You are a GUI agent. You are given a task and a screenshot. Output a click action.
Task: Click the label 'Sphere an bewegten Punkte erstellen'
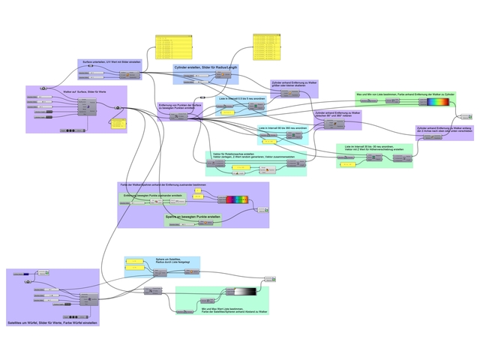click(x=193, y=217)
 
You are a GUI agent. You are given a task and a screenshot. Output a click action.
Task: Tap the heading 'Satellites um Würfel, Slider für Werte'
click(x=52, y=322)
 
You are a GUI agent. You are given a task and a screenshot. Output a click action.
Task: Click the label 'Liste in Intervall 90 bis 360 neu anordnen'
click(x=283, y=128)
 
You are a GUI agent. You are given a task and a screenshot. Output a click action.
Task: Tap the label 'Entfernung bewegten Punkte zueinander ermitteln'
click(x=153, y=194)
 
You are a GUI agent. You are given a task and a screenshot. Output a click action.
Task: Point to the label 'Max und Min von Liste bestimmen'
click(x=405, y=94)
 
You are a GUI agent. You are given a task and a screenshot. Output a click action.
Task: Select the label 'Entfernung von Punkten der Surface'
click(x=180, y=106)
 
